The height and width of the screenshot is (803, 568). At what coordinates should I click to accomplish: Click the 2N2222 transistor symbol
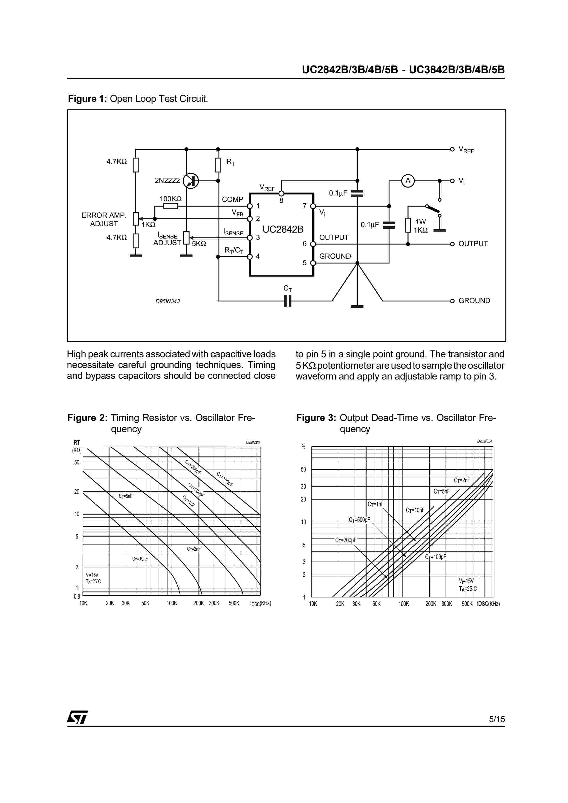point(191,181)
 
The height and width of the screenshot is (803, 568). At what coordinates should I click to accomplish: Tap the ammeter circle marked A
point(407,181)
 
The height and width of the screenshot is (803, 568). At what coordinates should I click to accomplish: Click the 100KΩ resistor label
point(170,199)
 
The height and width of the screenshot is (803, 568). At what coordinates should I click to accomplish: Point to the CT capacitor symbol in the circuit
point(288,301)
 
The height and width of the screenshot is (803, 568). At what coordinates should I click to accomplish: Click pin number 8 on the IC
point(281,200)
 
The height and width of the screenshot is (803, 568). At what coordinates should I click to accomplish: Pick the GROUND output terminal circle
point(452,301)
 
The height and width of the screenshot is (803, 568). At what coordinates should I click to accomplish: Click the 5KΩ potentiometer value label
point(199,244)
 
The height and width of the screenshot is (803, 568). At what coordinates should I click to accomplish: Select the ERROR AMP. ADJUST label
point(104,219)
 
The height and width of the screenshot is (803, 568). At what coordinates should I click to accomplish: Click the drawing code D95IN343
point(168,301)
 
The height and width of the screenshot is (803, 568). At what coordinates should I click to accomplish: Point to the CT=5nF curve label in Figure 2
point(125,496)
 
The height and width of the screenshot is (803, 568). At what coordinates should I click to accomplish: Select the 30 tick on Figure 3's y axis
point(303,486)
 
